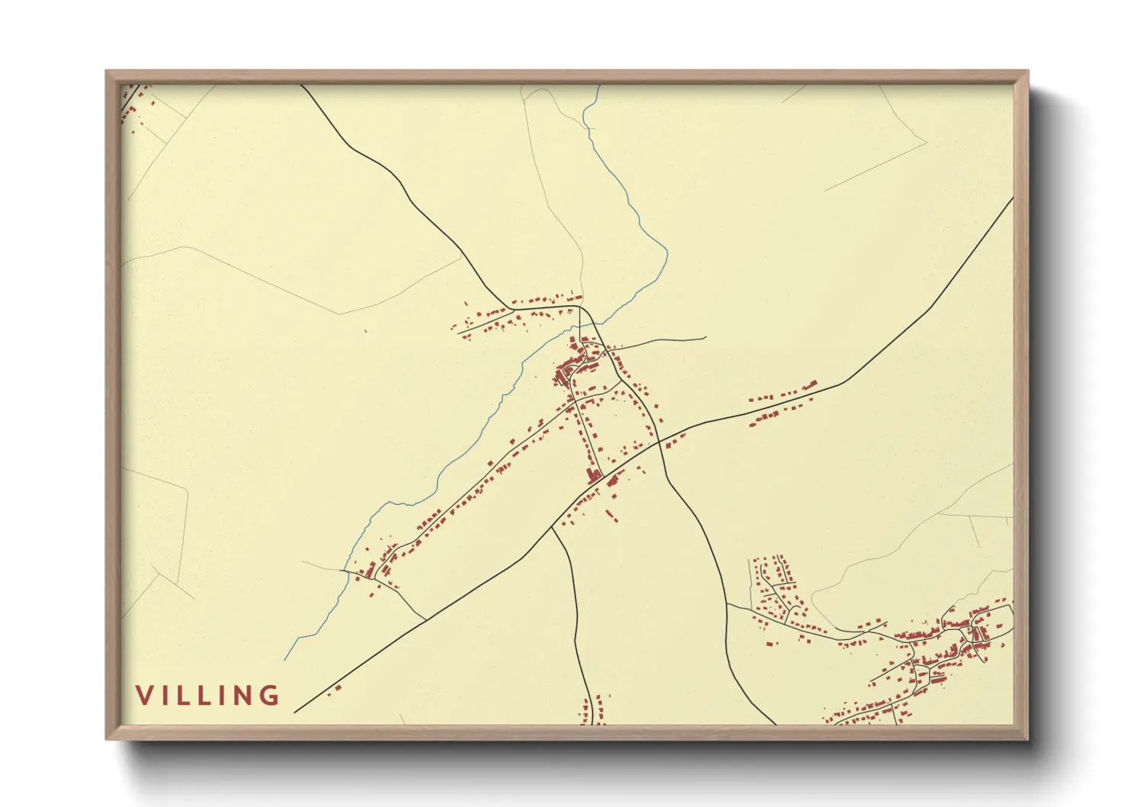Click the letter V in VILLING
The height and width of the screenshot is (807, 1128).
(144, 695)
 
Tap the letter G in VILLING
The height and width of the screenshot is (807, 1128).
(268, 695)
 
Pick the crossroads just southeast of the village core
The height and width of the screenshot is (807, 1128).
(659, 440)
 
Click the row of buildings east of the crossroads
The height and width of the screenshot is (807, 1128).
(781, 404)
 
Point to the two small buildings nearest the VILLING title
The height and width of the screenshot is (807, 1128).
(334, 690)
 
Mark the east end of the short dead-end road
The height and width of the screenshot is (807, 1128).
(705, 338)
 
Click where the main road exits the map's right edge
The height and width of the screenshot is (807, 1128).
(1012, 199)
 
